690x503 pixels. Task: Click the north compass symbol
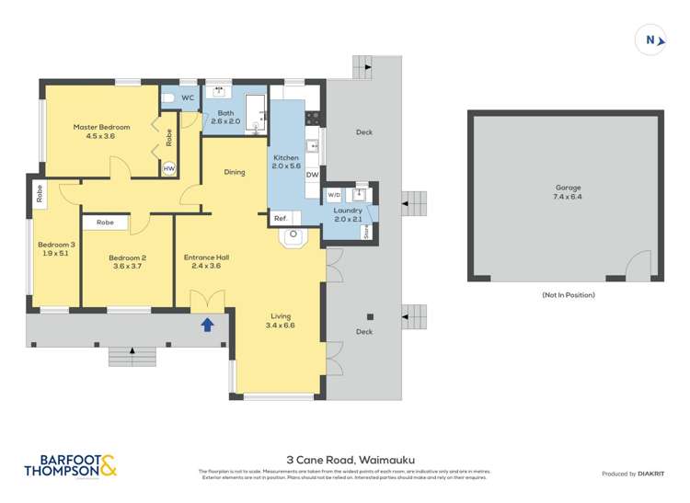click(650, 40)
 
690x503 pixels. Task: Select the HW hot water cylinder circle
click(168, 169)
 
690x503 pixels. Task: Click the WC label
click(187, 97)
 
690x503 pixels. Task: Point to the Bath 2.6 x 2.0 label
click(225, 117)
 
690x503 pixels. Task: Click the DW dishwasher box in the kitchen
click(312, 175)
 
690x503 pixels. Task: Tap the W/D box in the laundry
click(333, 195)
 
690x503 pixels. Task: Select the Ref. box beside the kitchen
click(281, 218)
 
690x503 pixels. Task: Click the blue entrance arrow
click(208, 324)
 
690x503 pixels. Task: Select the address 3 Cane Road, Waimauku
click(345, 456)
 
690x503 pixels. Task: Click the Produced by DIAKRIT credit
click(633, 474)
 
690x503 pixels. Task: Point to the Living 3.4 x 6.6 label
click(279, 321)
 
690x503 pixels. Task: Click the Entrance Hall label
click(205, 262)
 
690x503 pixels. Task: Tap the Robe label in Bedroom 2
click(105, 223)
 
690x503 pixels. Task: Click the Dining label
click(235, 172)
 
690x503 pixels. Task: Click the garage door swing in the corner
click(638, 267)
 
